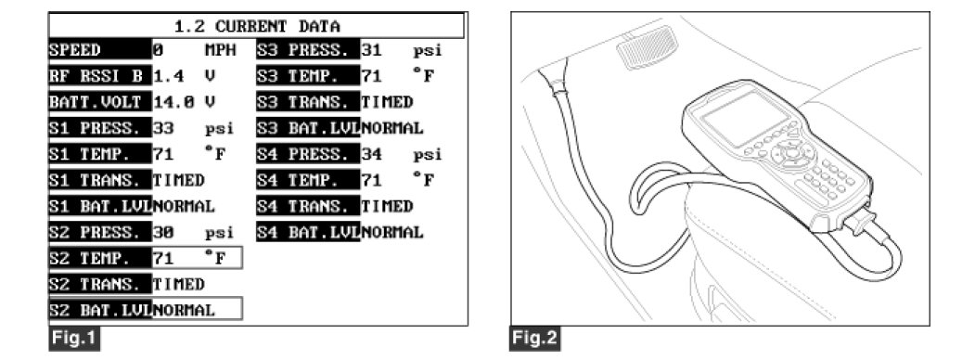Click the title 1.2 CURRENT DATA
tap(256, 26)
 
